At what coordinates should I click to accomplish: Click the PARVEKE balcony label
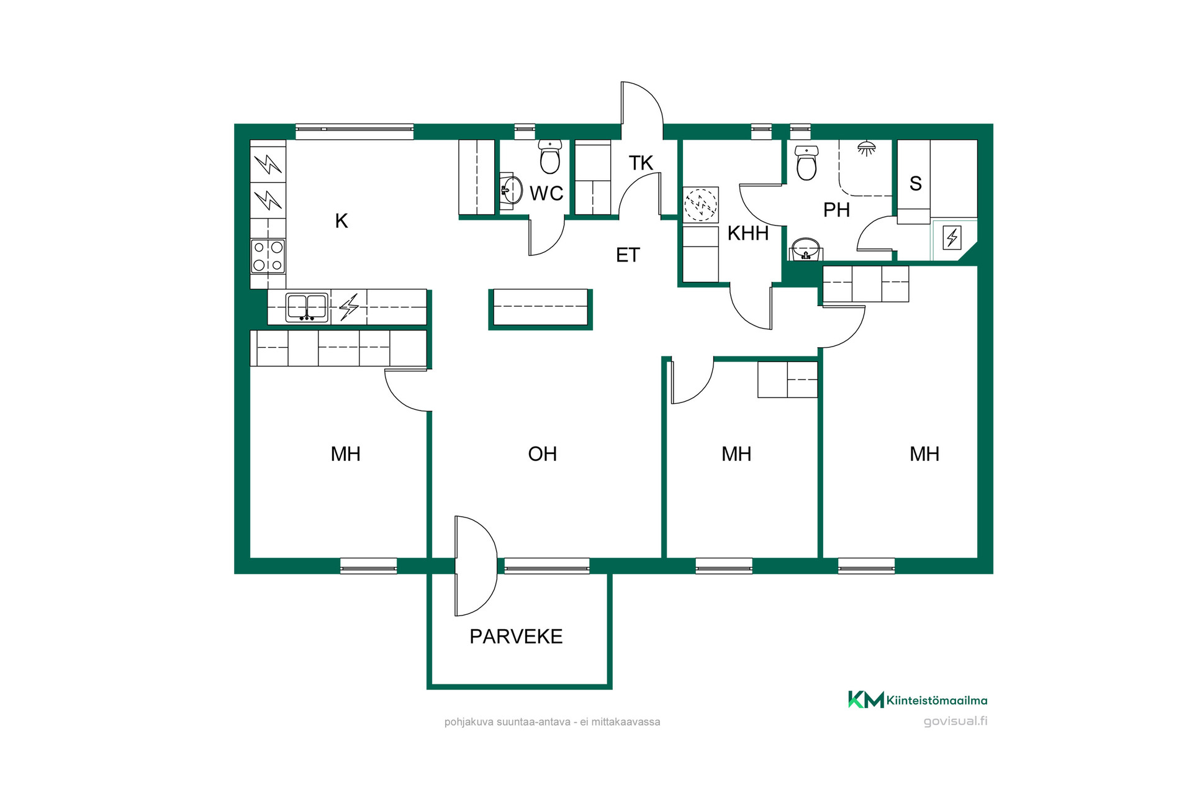516,637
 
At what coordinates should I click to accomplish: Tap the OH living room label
542,454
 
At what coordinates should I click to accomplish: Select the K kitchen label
341,220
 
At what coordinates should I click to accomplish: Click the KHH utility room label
748,234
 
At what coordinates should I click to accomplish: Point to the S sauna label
916,184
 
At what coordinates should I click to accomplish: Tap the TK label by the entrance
641,163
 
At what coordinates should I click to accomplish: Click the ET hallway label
628,255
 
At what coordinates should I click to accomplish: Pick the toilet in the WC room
550,156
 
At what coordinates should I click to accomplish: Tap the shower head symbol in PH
866,148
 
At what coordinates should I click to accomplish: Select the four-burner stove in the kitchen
268,256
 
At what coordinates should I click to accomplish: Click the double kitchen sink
307,307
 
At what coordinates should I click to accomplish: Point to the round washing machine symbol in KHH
700,204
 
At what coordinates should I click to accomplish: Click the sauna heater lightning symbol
952,237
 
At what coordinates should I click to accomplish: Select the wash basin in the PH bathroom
806,249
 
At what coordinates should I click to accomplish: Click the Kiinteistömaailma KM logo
918,700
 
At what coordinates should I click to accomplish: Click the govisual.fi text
955,721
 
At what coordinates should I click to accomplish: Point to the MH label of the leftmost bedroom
345,454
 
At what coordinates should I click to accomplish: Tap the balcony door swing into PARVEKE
476,566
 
